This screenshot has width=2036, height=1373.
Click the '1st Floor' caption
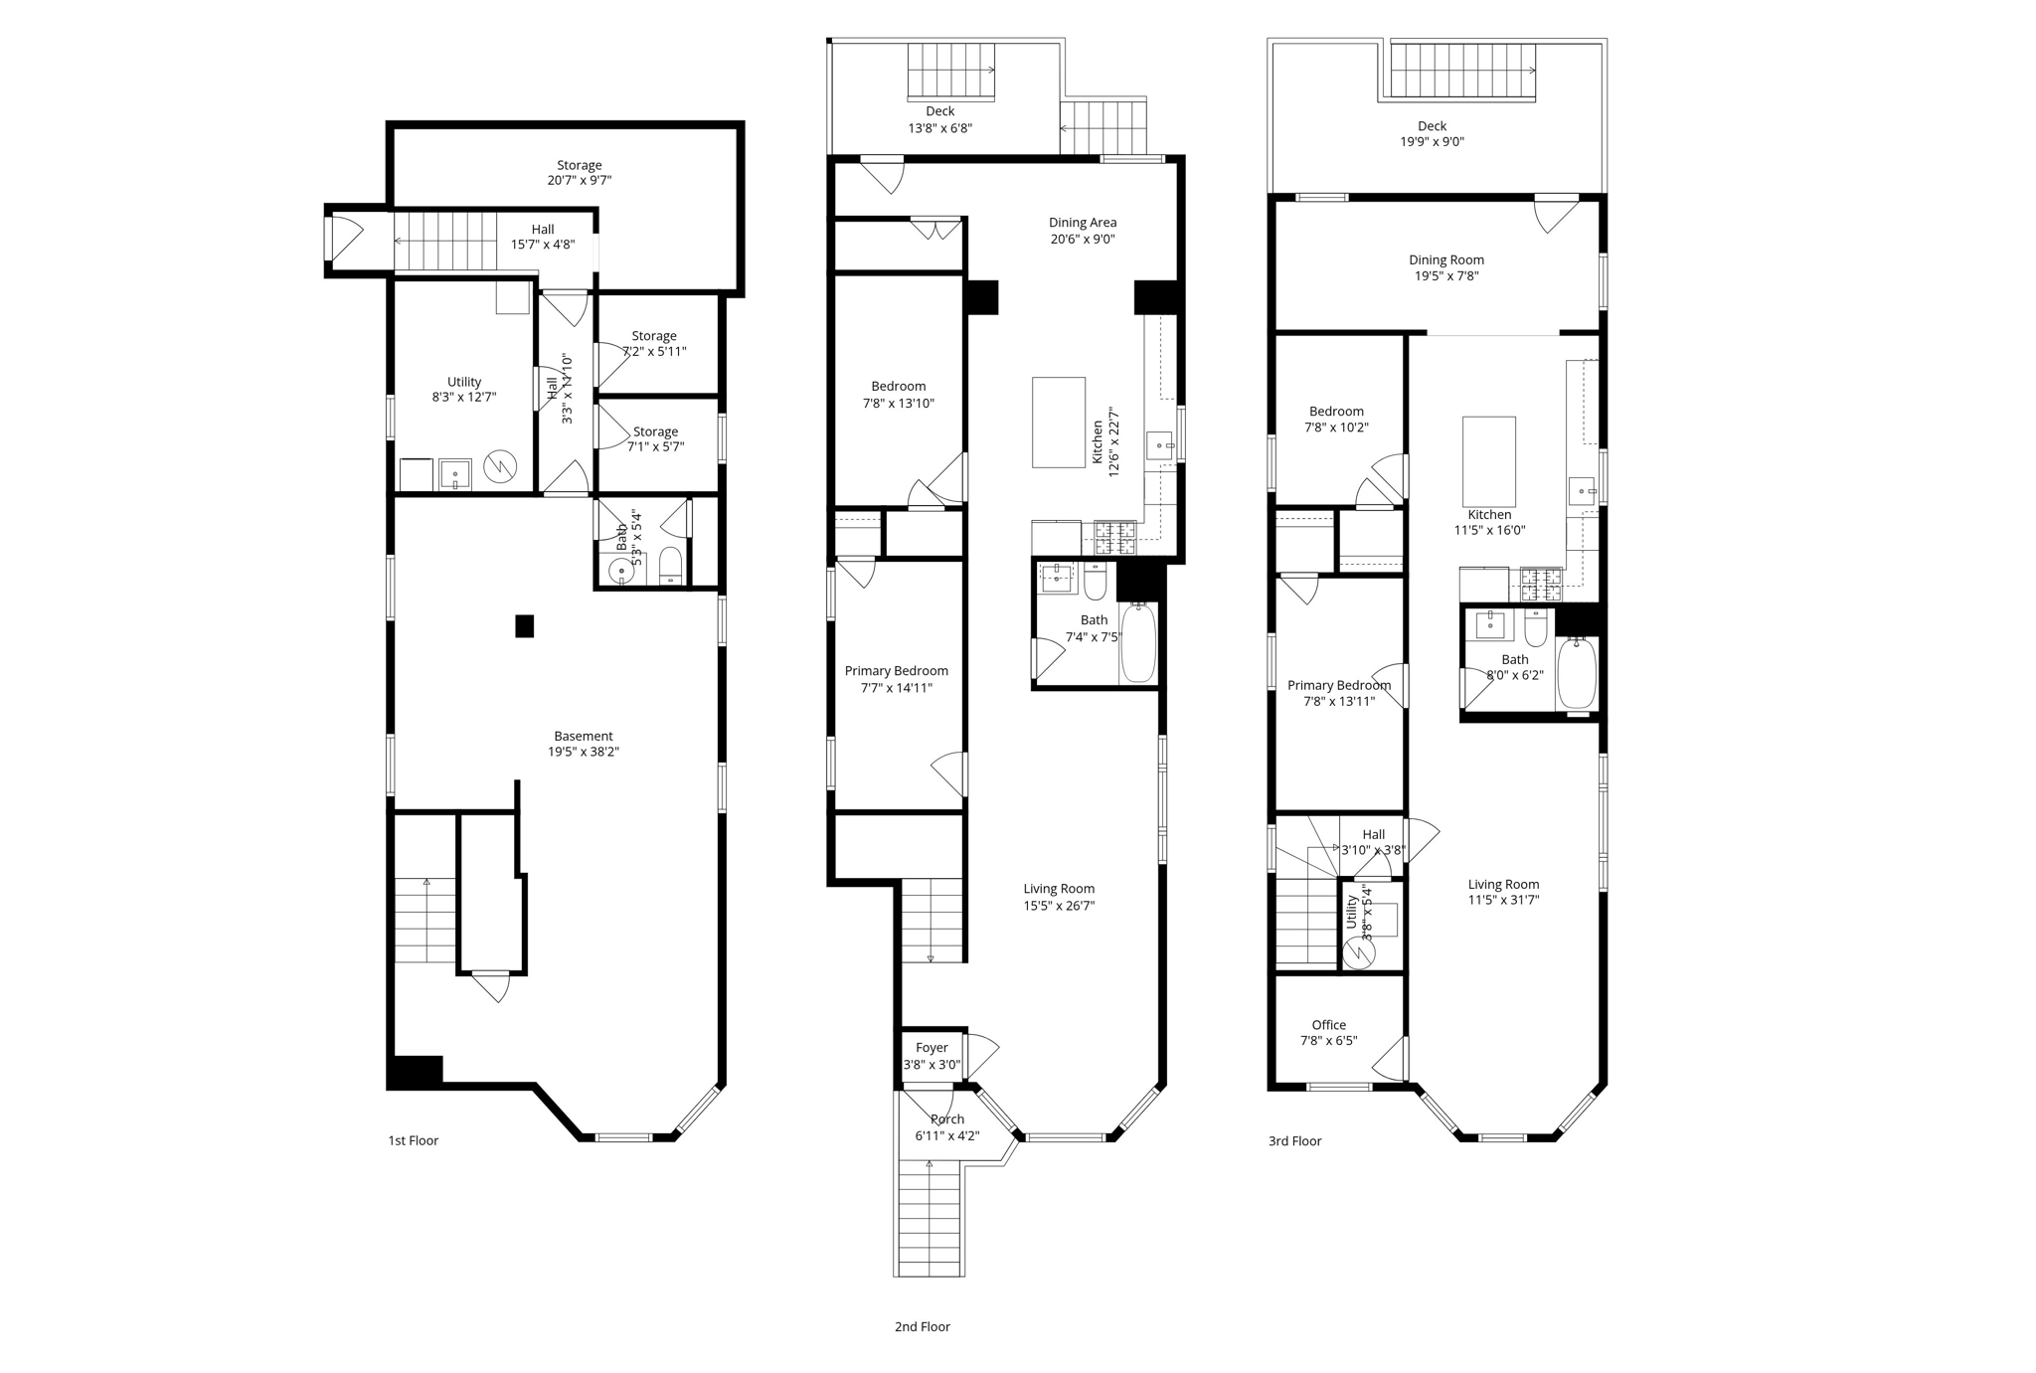pyautogui.click(x=413, y=1140)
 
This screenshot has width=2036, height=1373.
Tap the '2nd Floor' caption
pyautogui.click(x=922, y=1326)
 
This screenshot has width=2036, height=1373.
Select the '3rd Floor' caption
pyautogui.click(x=1294, y=1141)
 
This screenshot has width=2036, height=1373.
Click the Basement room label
pyautogui.click(x=584, y=736)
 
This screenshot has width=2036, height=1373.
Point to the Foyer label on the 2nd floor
pyautogui.click(x=932, y=1047)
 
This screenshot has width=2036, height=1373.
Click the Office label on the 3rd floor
pyautogui.click(x=1328, y=1025)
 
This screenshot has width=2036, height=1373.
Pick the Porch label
pyautogui.click(x=947, y=1119)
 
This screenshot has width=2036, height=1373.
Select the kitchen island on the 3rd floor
pyautogui.click(x=1488, y=461)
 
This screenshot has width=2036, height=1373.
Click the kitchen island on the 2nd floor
pyautogui.click(x=1058, y=422)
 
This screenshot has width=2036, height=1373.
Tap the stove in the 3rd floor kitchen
pyautogui.click(x=1540, y=585)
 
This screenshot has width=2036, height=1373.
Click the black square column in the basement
pyautogui.click(x=524, y=625)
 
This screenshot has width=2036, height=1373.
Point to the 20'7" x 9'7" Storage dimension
pyautogui.click(x=579, y=181)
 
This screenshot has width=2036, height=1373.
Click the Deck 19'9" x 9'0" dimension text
pyautogui.click(x=1432, y=142)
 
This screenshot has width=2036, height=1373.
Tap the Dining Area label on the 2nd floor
pyautogui.click(x=1082, y=223)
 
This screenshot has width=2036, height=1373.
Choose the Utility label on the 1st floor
pyautogui.click(x=463, y=382)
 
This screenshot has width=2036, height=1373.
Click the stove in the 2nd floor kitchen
pyautogui.click(x=1114, y=538)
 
